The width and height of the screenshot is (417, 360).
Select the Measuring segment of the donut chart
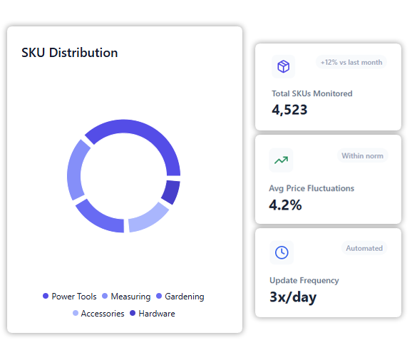click(75, 169)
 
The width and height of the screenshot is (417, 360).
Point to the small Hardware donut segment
click(172, 192)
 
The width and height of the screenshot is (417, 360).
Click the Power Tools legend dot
click(46, 296)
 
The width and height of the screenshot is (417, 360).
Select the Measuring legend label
click(130, 297)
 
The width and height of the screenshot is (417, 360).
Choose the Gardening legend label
click(185, 297)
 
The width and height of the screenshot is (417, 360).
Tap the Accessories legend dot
click(76, 313)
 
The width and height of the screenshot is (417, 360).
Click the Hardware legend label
click(157, 314)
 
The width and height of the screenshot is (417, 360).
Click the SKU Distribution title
click(70, 52)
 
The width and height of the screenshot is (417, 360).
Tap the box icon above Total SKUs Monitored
click(283, 66)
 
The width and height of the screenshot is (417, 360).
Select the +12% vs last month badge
click(351, 62)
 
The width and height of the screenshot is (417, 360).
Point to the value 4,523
click(289, 110)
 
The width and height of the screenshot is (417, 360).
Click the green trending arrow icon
click(281, 160)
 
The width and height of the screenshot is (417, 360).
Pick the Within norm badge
click(363, 155)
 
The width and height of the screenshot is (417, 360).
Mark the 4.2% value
click(285, 205)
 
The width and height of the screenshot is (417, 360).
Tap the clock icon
click(282, 252)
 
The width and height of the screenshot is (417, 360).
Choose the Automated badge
click(364, 248)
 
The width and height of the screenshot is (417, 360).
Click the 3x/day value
click(293, 297)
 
